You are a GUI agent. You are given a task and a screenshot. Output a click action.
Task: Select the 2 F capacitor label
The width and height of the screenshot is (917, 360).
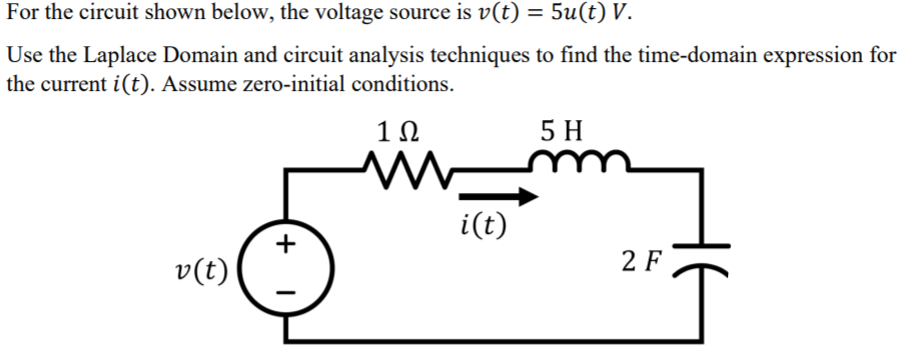pos(640,262)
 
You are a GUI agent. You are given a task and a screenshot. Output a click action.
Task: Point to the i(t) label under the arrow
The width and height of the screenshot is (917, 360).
pos(482,226)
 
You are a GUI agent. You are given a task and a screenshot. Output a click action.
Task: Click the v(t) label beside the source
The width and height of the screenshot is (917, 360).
pos(200,270)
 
